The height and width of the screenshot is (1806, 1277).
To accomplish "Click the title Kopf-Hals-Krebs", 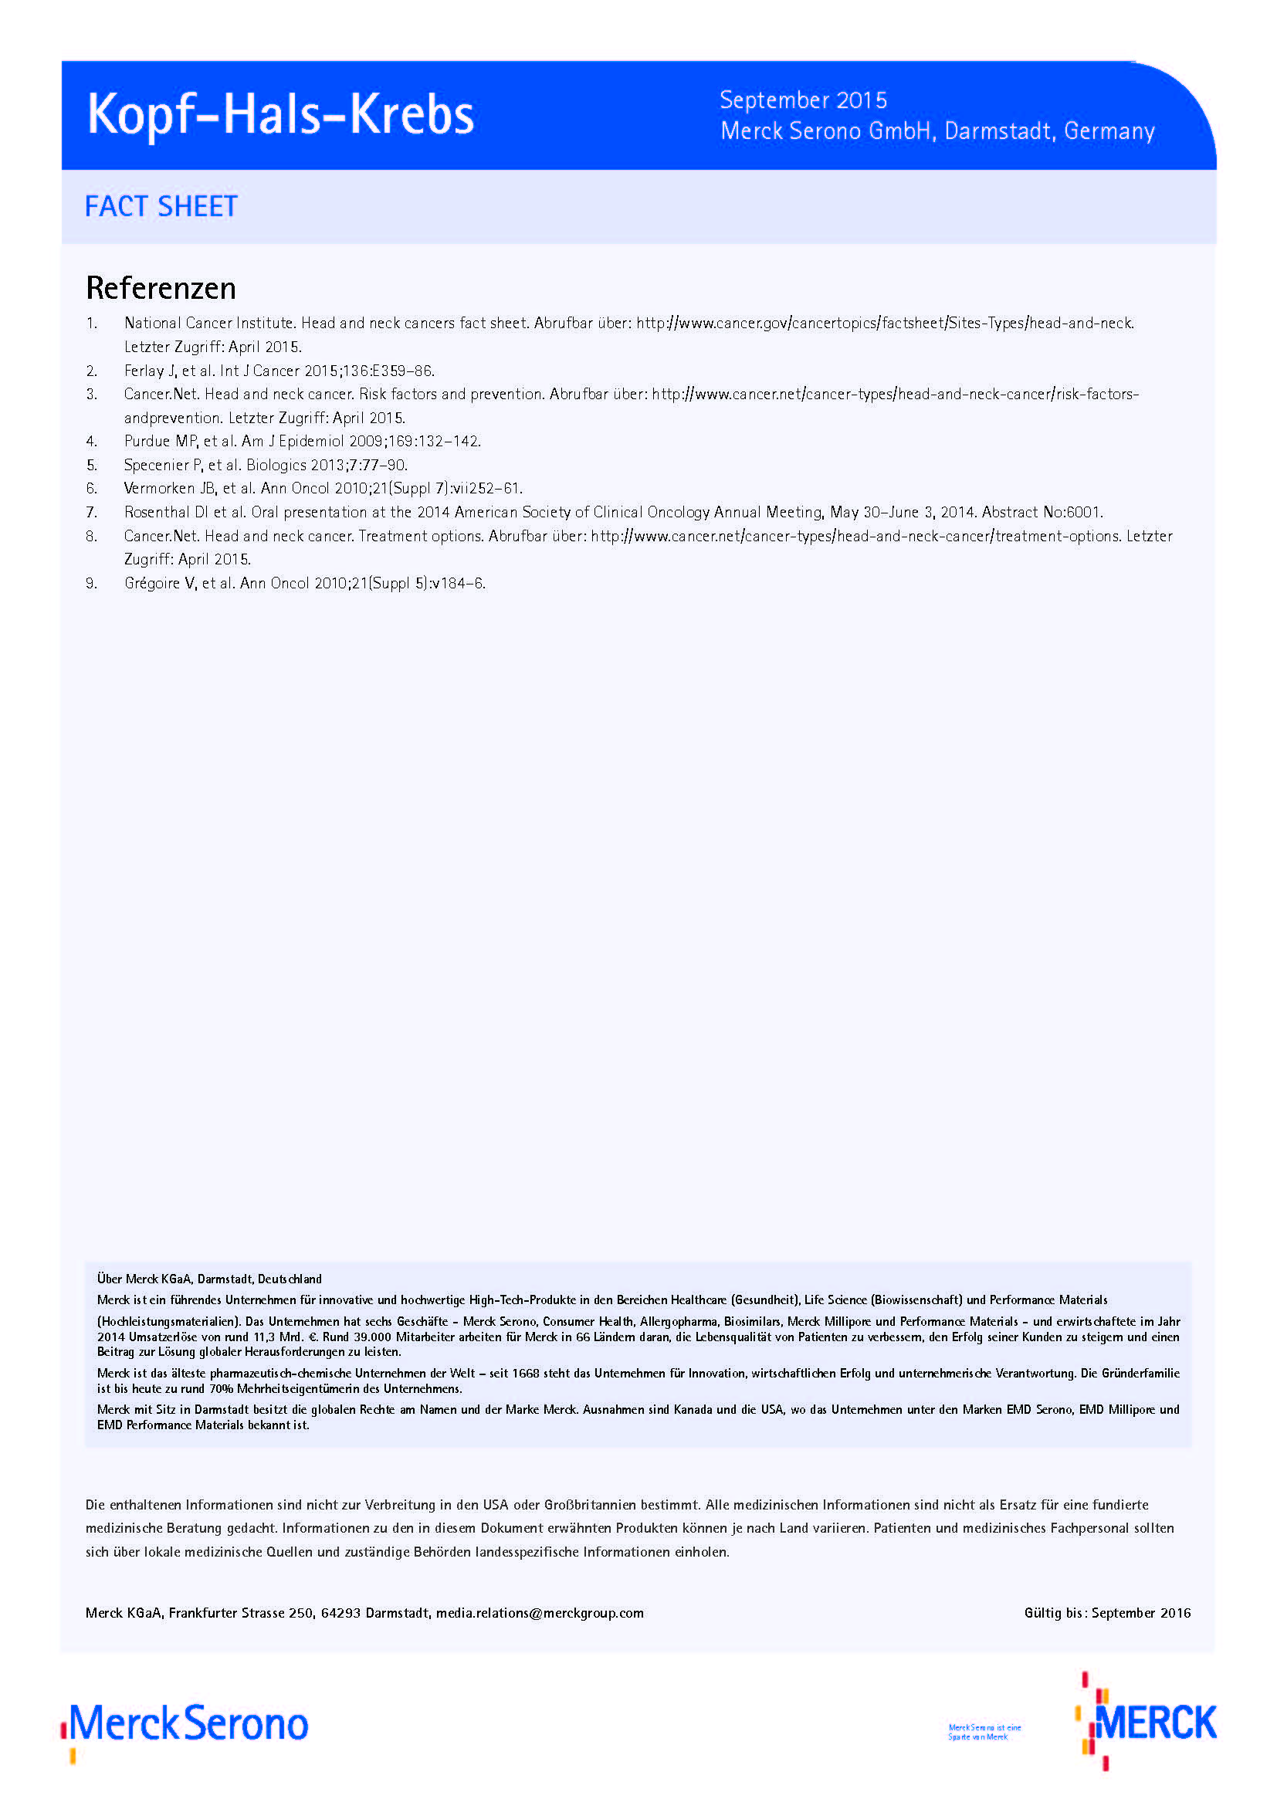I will (281, 116).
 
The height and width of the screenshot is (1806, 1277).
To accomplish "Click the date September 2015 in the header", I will (803, 100).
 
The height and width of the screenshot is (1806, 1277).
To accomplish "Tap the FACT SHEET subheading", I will (161, 206).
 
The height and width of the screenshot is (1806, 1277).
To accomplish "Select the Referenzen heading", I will (161, 288).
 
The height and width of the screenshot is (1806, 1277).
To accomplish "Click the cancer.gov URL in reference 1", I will (885, 324).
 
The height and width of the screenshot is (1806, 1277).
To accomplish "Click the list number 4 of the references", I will (91, 442).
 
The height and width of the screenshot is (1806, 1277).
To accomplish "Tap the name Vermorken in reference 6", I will (159, 489).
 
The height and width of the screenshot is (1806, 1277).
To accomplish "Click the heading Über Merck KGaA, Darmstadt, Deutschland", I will (209, 1279).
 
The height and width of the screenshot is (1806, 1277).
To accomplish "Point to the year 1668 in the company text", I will (525, 1374).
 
